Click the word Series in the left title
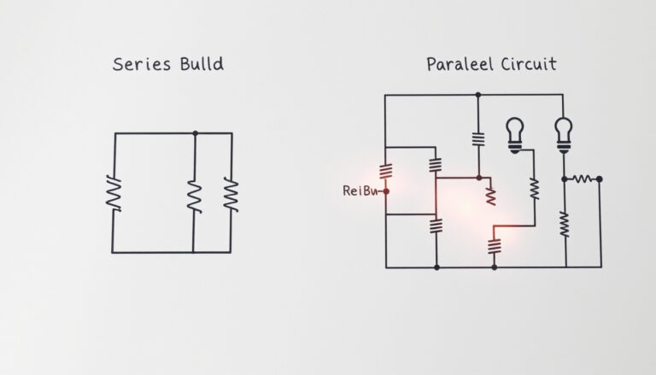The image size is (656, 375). click(x=142, y=64)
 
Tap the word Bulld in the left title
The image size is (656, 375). click(x=202, y=63)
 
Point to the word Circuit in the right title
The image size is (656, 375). click(x=529, y=64)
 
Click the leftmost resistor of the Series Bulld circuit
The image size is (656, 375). click(x=114, y=193)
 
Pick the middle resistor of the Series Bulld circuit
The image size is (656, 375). click(x=195, y=196)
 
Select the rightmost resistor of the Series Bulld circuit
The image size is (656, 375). click(x=231, y=194)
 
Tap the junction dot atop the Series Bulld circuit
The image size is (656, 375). click(x=196, y=133)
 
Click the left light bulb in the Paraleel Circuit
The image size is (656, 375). click(x=515, y=135)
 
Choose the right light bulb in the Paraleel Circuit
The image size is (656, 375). click(x=564, y=135)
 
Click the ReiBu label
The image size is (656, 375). click(x=360, y=190)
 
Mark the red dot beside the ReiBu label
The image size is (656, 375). click(x=386, y=191)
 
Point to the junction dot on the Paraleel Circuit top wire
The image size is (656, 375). click(x=478, y=95)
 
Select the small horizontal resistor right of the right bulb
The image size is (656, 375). click(x=582, y=179)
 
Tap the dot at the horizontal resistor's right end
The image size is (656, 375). click(x=600, y=179)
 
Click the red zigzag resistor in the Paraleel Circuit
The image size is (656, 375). click(x=491, y=196)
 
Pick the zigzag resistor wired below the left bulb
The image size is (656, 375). click(x=535, y=189)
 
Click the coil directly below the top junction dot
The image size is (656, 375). click(x=478, y=139)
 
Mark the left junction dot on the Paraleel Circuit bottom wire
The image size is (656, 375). click(x=436, y=267)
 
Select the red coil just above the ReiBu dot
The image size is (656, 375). click(x=386, y=171)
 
